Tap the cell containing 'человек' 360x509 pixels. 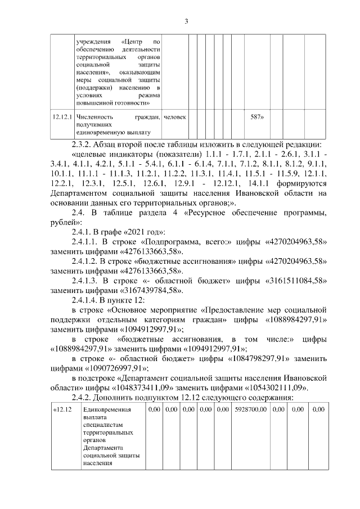click(x=175, y=117)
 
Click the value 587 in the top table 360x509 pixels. click(x=256, y=117)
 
